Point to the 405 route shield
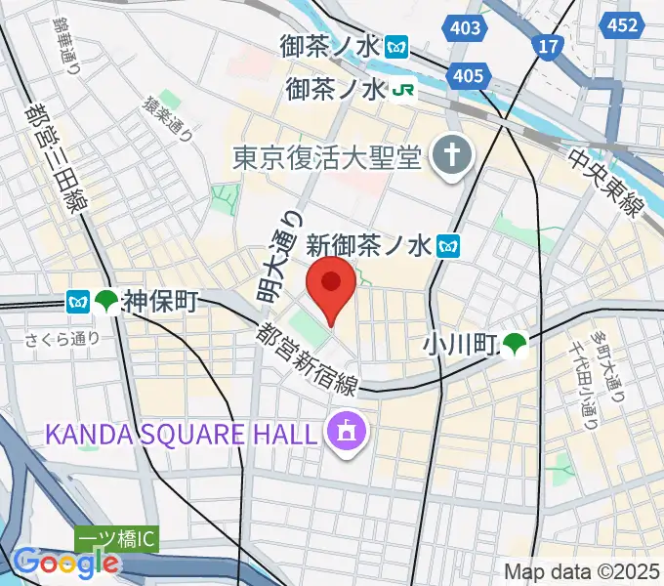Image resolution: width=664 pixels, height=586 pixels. (x=469, y=75)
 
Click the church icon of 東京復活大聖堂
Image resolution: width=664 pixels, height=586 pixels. (x=452, y=154)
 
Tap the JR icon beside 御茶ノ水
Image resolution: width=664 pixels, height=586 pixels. (x=404, y=90)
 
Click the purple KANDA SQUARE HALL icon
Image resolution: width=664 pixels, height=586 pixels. (x=343, y=429)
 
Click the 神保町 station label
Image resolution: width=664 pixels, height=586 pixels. (x=160, y=302)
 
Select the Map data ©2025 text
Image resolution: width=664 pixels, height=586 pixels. (x=581, y=572)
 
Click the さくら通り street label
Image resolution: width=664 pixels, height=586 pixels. (x=64, y=340)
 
